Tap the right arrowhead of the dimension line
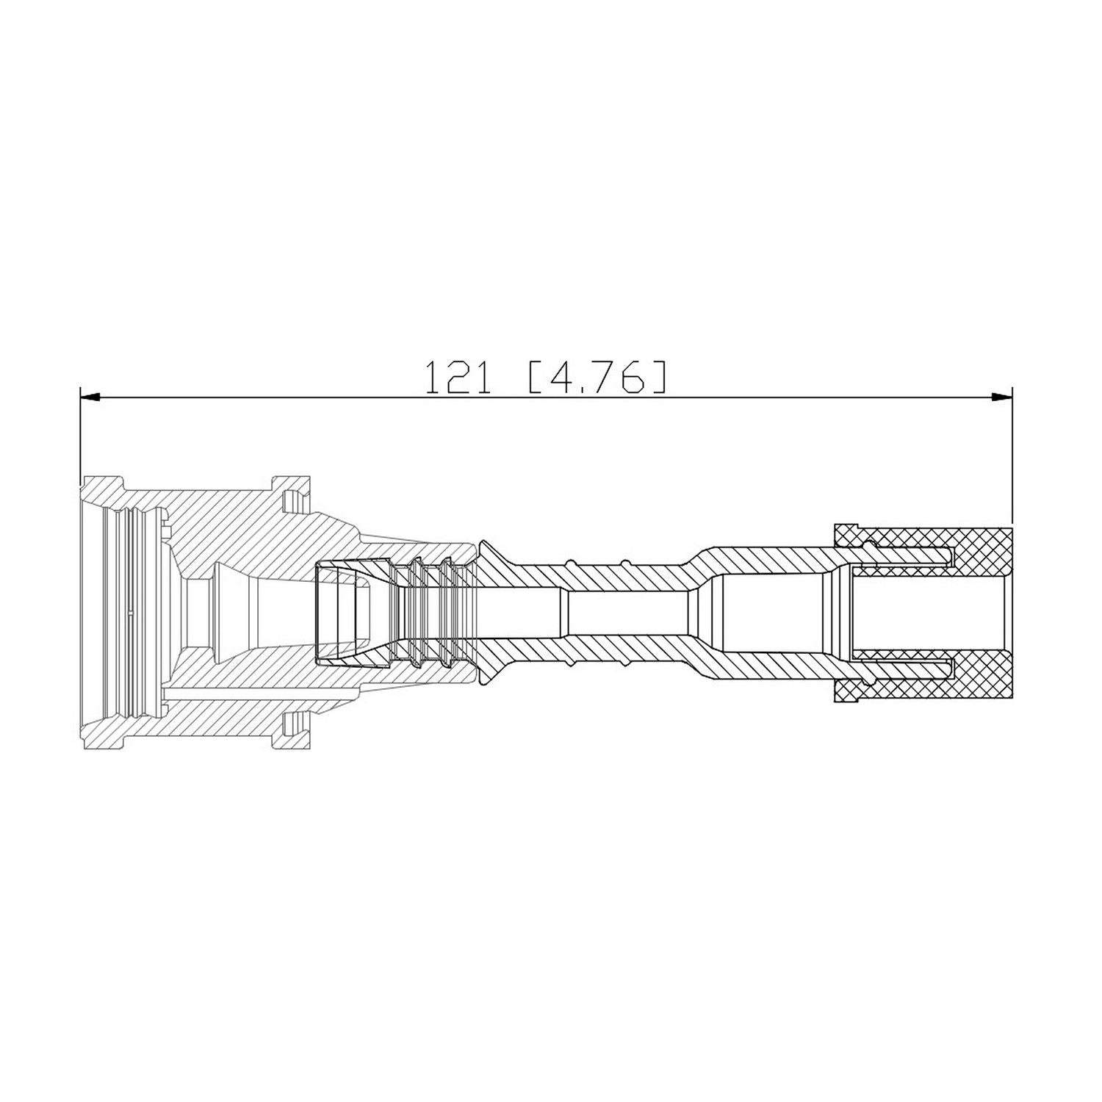tap(1002, 397)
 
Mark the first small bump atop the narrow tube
tap(574, 562)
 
